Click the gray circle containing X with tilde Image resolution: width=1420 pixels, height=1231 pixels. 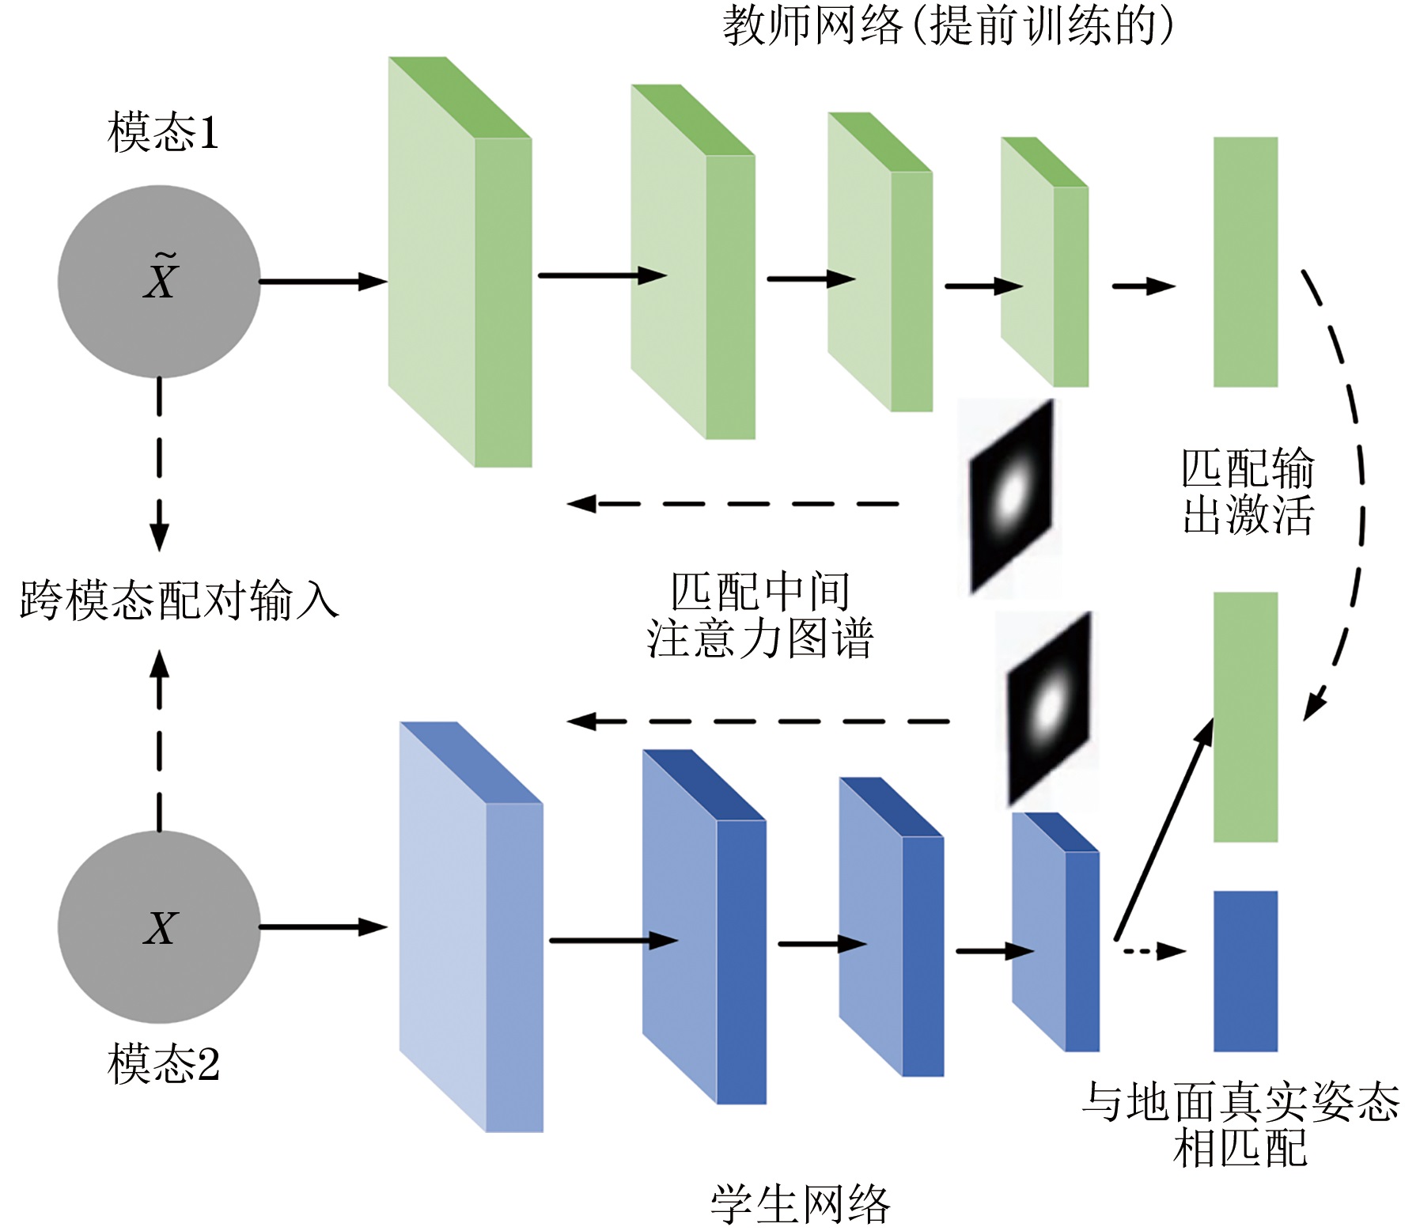pyautogui.click(x=159, y=281)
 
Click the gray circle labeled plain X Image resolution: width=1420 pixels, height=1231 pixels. pyautogui.click(x=159, y=926)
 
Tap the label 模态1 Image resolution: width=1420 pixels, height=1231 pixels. pyautogui.click(x=163, y=132)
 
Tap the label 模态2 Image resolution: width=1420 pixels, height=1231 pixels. pyautogui.click(x=163, y=1063)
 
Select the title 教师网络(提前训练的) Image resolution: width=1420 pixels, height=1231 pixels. pyautogui.click(x=947, y=25)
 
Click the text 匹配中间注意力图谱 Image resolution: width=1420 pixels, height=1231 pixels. pyautogui.click(x=759, y=615)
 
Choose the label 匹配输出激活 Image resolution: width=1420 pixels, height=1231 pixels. pyautogui.click(x=1248, y=491)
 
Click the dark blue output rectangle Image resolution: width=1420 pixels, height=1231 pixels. pyautogui.click(x=1245, y=971)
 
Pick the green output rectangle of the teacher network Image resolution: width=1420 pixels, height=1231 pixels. pyautogui.click(x=1245, y=262)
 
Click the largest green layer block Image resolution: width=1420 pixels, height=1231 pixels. pyautogui.click(x=459, y=261)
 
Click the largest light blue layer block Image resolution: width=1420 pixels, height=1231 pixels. pyautogui.click(x=470, y=926)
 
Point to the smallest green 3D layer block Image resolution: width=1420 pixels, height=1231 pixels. pyautogui.click(x=1044, y=261)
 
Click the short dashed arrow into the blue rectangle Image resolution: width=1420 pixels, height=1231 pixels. pyautogui.click(x=1155, y=950)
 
